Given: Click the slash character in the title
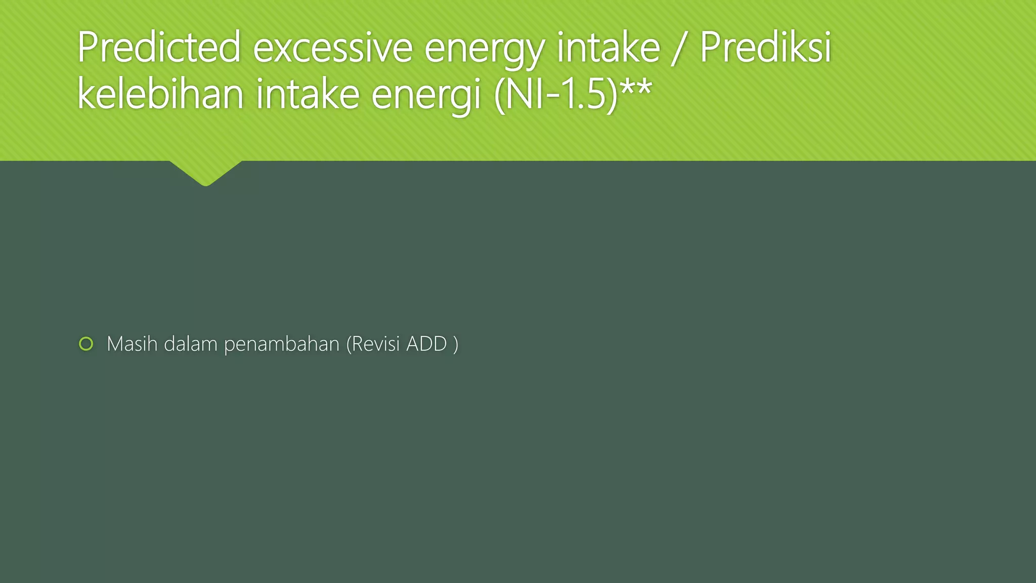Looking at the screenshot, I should [x=679, y=48].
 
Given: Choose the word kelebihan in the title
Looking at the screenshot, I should [x=160, y=94].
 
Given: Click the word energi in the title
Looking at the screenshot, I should [x=425, y=96].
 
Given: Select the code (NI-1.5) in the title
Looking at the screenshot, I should [x=555, y=95].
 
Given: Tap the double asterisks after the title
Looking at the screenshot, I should [x=636, y=87].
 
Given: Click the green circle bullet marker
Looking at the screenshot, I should [x=86, y=344].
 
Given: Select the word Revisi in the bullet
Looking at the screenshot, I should [x=373, y=344].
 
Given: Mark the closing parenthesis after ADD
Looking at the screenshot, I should [x=456, y=345].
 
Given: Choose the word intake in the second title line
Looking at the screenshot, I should [x=307, y=94].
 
